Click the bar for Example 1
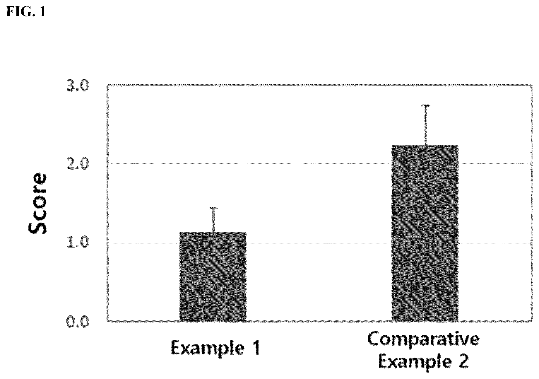(213, 276)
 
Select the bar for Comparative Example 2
(425, 233)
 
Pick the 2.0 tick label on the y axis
(78, 164)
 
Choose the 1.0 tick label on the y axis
(78, 243)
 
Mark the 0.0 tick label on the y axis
(78, 322)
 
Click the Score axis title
(37, 204)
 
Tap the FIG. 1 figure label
(26, 12)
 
